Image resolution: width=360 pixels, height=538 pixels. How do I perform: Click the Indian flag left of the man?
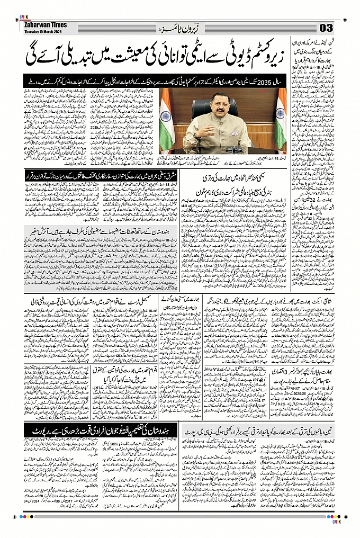167,120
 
